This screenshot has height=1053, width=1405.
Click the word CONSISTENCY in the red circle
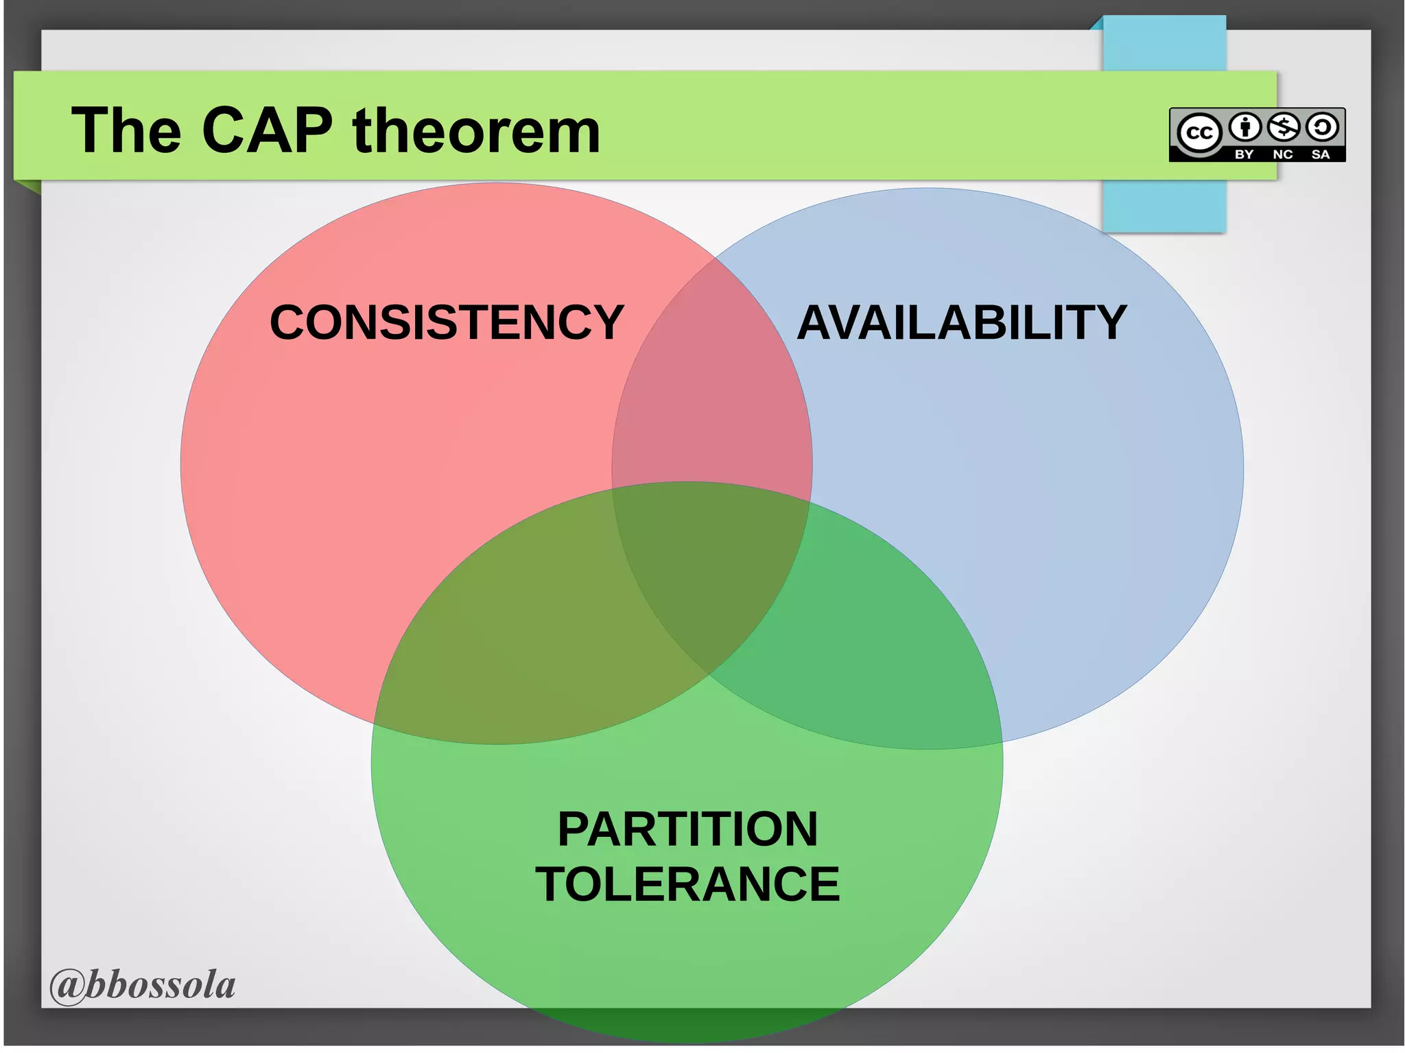[x=447, y=322]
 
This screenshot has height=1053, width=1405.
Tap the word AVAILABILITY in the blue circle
[x=962, y=322]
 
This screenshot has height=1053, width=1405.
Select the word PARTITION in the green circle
[x=687, y=829]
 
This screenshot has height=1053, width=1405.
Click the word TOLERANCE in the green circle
[x=687, y=884]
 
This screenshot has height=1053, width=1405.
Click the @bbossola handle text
[x=143, y=985]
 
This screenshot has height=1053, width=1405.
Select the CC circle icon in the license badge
[x=1199, y=132]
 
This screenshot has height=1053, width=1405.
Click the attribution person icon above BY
[x=1245, y=127]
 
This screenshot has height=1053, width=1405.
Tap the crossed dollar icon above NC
[x=1284, y=127]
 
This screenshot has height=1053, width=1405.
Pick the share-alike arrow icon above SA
[x=1322, y=127]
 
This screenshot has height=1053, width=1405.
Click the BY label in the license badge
[x=1244, y=154]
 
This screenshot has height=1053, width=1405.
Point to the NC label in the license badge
[x=1283, y=154]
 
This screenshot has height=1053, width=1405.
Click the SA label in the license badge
[x=1321, y=154]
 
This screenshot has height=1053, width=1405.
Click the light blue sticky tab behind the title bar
[x=1164, y=206]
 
